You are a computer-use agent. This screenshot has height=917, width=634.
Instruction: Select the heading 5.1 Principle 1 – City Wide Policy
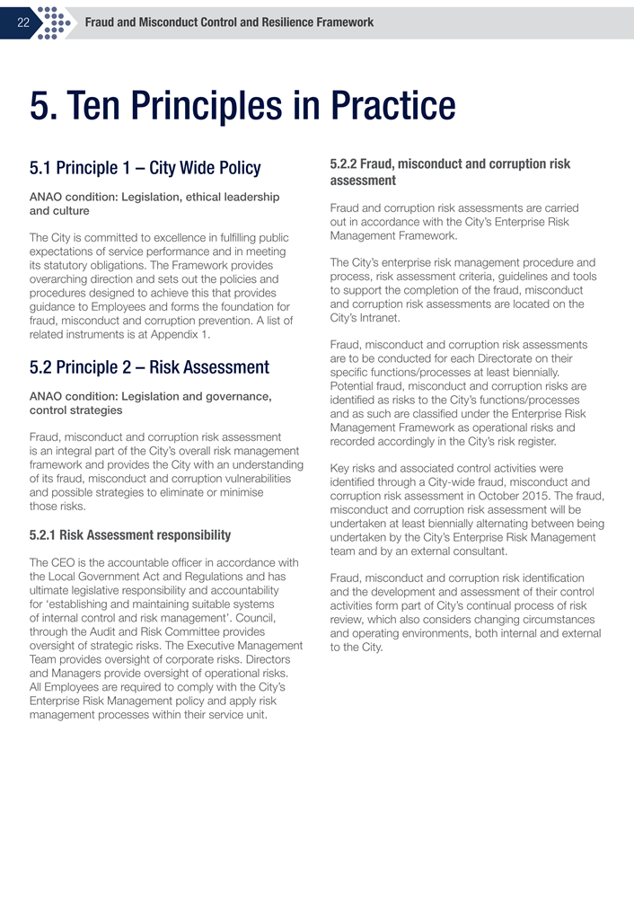click(x=145, y=168)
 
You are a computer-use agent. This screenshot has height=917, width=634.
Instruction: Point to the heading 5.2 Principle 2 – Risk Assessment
click(x=149, y=367)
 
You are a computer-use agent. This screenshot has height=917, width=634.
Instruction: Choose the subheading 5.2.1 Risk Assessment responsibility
click(x=130, y=535)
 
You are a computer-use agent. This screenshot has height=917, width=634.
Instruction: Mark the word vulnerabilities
click(x=253, y=479)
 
